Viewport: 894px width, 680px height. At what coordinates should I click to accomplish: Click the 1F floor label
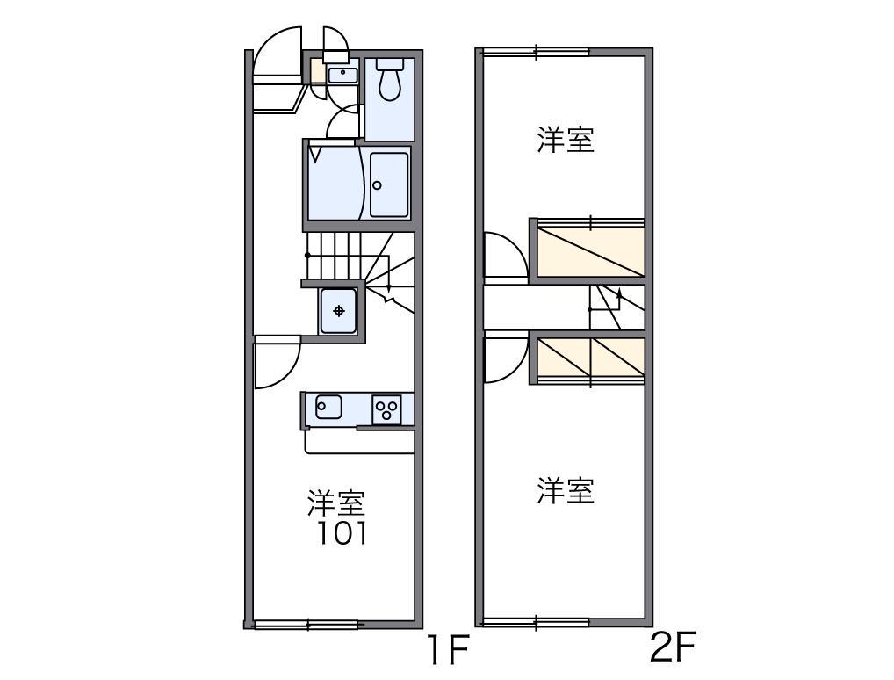tap(449, 651)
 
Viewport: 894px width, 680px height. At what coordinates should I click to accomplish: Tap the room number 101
tap(342, 533)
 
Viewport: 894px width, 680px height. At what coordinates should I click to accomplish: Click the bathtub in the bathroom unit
tap(388, 184)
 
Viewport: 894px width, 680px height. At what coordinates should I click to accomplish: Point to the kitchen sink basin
tap(328, 407)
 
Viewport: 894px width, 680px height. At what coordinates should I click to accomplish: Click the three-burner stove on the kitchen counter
tap(386, 409)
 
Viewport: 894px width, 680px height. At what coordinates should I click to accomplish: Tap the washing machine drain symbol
tap(339, 310)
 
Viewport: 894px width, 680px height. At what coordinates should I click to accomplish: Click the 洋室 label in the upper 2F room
tap(566, 140)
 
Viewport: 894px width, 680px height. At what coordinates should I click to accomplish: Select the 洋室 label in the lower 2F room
tap(566, 490)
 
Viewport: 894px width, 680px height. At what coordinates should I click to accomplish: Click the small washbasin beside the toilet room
tap(342, 75)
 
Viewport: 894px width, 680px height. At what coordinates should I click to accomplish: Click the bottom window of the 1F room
tap(307, 625)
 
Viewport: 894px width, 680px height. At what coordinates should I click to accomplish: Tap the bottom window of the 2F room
tap(536, 623)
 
